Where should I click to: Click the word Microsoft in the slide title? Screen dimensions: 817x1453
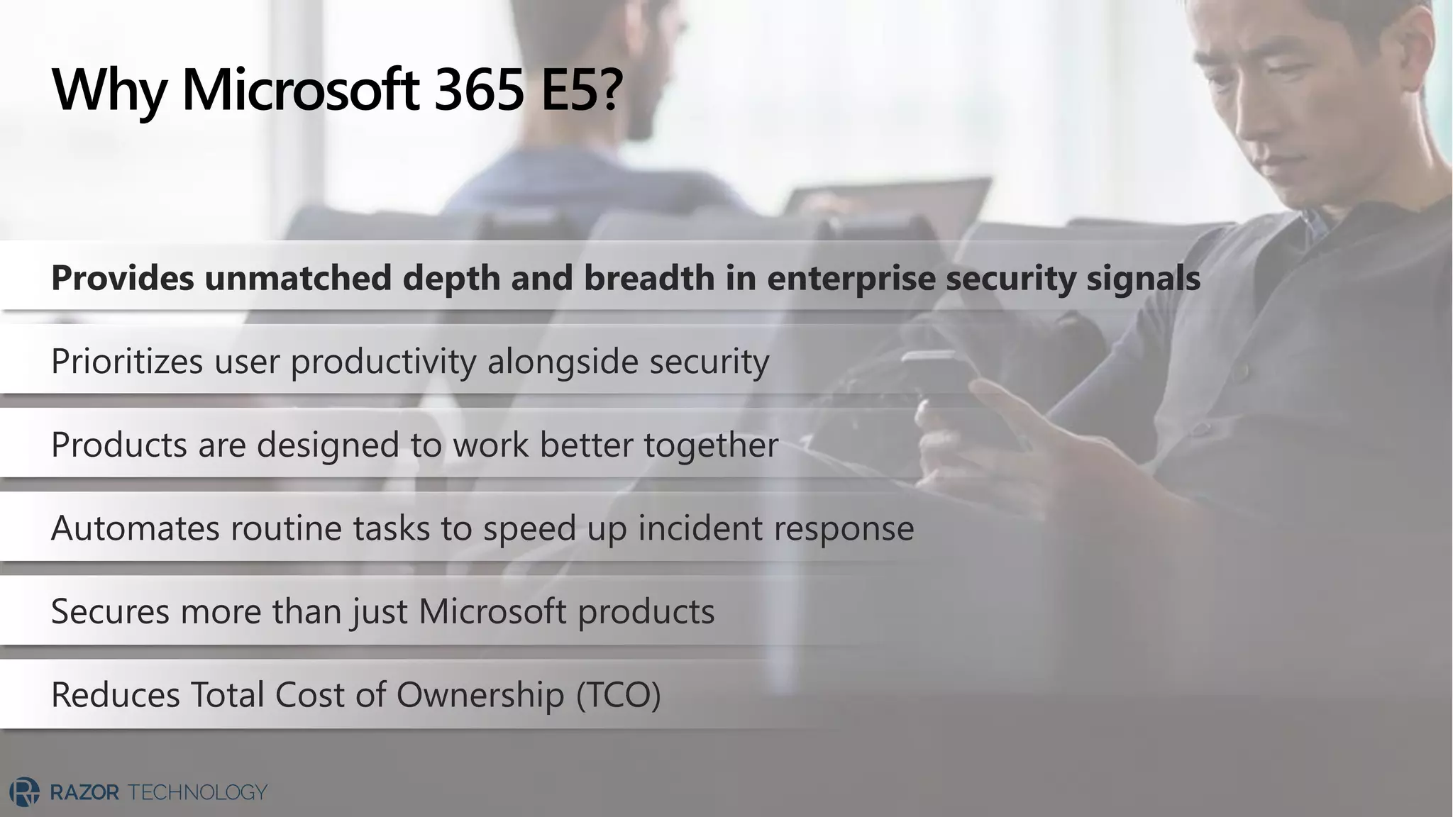pos(300,91)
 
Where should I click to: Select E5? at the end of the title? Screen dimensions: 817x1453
pos(581,91)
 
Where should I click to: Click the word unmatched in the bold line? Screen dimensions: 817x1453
pos(298,277)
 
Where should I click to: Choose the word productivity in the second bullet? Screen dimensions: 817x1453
pos(383,362)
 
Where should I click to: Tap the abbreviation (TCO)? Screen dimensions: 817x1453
pos(618,695)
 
